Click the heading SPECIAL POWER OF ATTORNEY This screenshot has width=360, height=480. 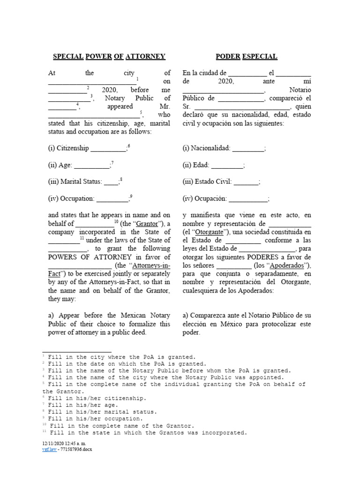(x=109, y=57)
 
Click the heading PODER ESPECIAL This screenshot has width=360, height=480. (x=246, y=57)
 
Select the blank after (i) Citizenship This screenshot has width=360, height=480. (x=108, y=149)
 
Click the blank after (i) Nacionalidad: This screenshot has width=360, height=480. (x=248, y=149)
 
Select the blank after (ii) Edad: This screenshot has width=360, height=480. (x=228, y=165)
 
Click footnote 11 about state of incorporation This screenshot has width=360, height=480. (x=145, y=432)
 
